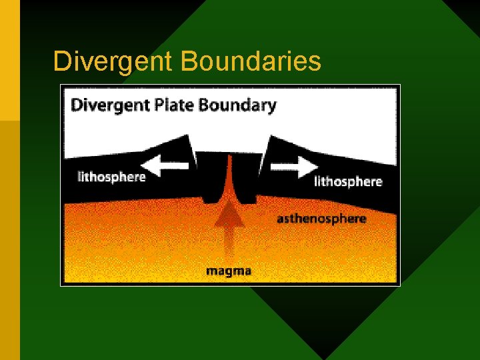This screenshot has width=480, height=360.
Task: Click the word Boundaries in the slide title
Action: (x=251, y=61)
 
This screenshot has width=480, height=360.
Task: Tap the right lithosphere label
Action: (x=347, y=181)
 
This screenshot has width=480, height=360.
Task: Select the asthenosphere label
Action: (x=321, y=219)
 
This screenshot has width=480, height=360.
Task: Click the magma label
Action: (x=228, y=271)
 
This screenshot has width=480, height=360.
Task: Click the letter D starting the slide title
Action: (x=61, y=61)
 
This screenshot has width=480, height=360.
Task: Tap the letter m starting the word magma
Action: (x=211, y=271)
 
